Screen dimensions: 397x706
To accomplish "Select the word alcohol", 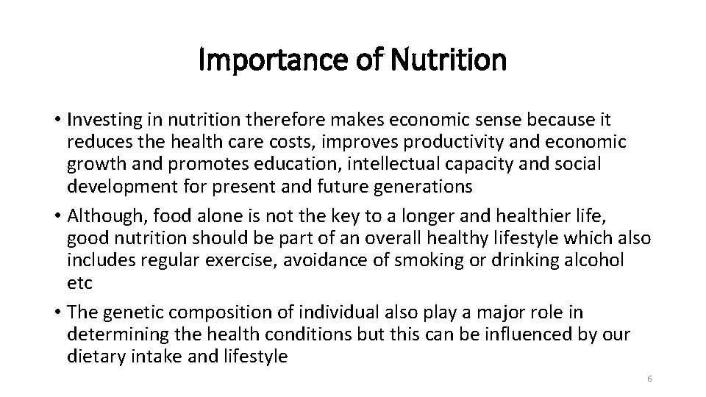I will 591,260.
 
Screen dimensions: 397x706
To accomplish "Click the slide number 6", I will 650,379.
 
